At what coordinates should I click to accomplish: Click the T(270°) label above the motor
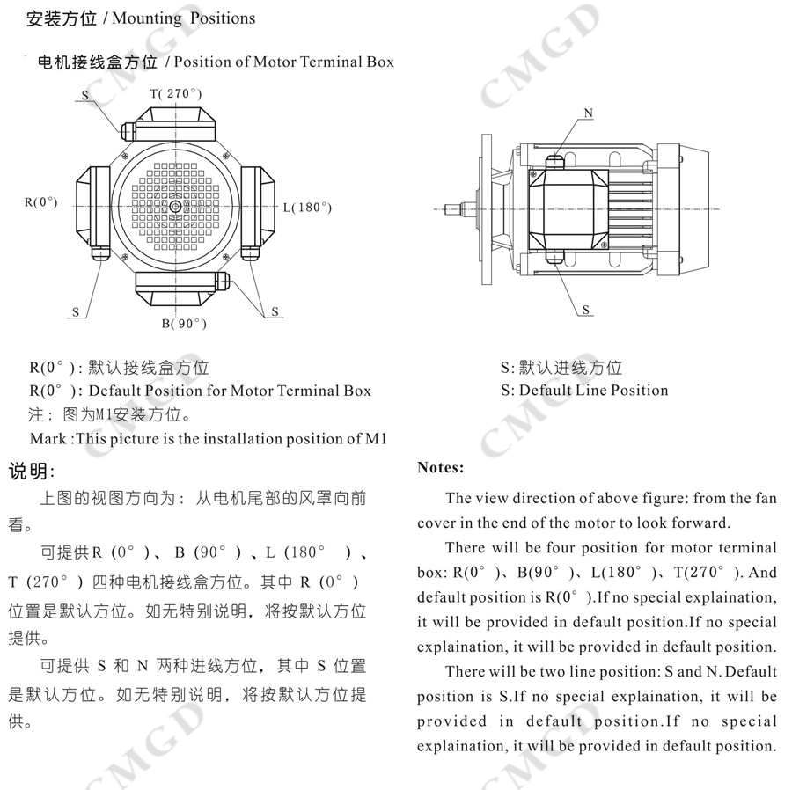[x=176, y=94]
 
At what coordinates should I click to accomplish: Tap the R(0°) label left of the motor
[x=40, y=202]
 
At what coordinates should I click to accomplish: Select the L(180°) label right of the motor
[x=307, y=208]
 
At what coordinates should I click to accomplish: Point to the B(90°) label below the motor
[x=183, y=324]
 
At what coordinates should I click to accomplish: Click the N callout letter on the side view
[x=589, y=113]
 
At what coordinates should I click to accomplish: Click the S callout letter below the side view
[x=586, y=310]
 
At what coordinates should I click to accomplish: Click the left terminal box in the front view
[x=92, y=207]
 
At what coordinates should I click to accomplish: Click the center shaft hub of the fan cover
[x=175, y=207]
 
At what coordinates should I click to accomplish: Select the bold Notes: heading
[x=440, y=468]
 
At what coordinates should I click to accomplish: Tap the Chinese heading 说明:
[x=32, y=472]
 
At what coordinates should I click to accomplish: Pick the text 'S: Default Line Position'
[x=584, y=390]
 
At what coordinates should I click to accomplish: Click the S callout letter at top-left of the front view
[x=85, y=95]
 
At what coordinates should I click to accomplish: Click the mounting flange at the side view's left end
[x=484, y=209]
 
